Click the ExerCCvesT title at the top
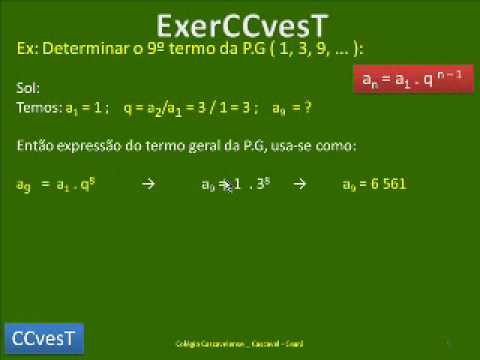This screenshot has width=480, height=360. click(x=239, y=24)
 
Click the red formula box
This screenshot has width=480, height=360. click(x=413, y=77)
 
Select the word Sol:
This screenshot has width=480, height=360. click(x=28, y=88)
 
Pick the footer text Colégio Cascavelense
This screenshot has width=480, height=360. click(x=200, y=342)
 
